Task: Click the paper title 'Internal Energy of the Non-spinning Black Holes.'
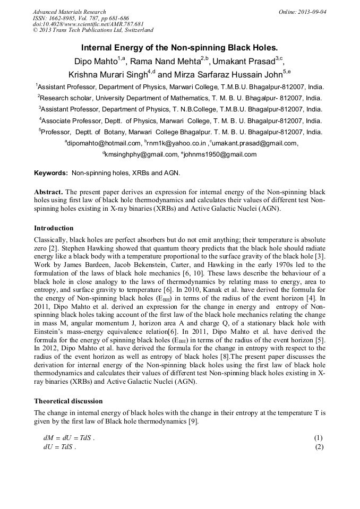(x=179, y=47)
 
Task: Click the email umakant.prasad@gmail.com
(x=255, y=143)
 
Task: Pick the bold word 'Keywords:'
(x=52, y=173)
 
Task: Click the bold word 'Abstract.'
(x=49, y=192)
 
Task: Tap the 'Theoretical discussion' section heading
(x=68, y=401)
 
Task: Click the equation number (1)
(x=318, y=438)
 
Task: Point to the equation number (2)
(x=318, y=447)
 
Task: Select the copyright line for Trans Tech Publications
(x=93, y=30)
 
